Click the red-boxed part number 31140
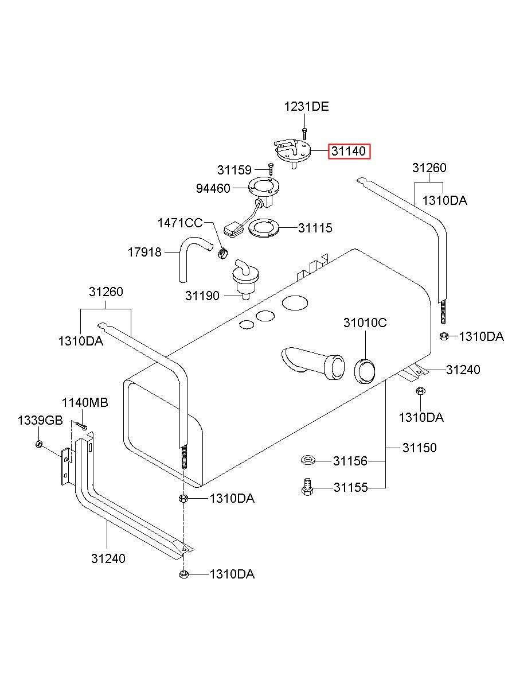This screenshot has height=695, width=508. [349, 151]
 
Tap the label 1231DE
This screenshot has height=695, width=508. [306, 107]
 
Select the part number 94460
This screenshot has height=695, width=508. [213, 188]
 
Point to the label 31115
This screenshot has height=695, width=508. [315, 228]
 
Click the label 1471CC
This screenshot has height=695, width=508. [180, 223]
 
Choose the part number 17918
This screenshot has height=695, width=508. [144, 253]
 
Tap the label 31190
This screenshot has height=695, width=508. [202, 296]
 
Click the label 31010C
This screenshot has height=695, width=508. [365, 323]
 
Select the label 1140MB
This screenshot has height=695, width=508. [85, 403]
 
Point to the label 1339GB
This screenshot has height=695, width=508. [40, 421]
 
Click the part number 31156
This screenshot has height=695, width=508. [350, 461]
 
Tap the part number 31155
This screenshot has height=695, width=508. [350, 488]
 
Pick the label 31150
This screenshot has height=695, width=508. [419, 448]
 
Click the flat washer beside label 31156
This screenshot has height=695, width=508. [308, 460]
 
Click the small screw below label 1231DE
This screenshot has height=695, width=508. [305, 133]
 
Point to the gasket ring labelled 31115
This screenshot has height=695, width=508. [264, 228]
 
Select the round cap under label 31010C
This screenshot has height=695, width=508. [365, 371]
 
